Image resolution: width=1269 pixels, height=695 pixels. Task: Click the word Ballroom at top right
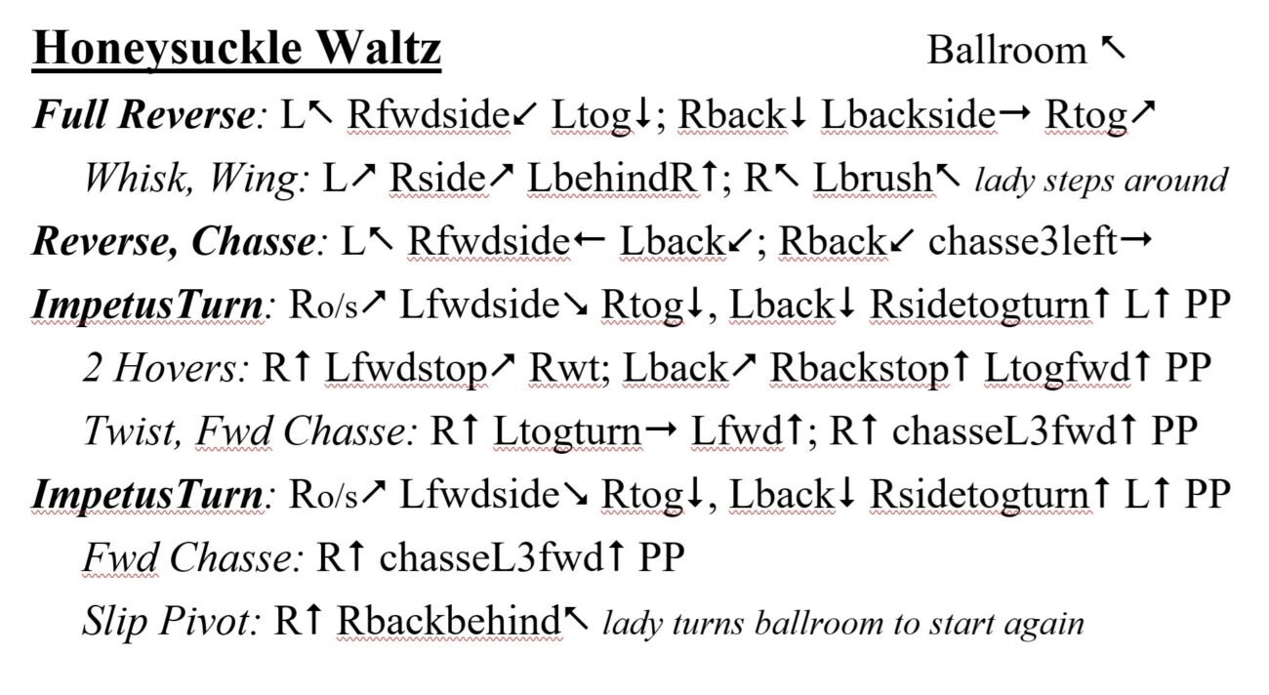click(1006, 50)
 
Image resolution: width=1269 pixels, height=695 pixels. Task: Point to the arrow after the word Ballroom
click(1113, 48)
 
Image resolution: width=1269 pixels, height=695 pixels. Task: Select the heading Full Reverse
click(144, 114)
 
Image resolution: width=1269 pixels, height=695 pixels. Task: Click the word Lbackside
click(908, 114)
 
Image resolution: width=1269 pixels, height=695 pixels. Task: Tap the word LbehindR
click(611, 178)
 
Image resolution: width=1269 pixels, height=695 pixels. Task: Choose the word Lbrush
click(873, 178)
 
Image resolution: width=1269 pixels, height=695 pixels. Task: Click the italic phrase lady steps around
click(1101, 181)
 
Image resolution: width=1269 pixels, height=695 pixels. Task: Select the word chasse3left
click(1023, 241)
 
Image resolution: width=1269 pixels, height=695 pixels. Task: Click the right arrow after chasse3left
click(1136, 240)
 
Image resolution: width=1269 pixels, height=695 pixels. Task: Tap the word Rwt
click(563, 368)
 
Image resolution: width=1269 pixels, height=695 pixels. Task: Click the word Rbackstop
click(859, 368)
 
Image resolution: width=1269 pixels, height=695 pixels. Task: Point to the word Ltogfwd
click(1057, 368)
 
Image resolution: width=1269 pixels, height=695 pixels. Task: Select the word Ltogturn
click(567, 431)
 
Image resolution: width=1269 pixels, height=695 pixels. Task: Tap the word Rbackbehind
click(449, 621)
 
